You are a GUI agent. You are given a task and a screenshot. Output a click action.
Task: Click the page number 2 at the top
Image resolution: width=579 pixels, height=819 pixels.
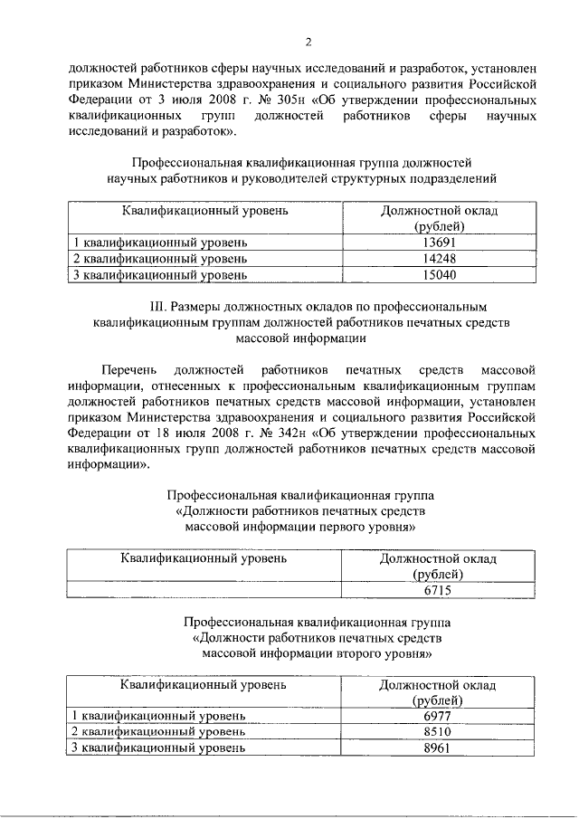(308, 42)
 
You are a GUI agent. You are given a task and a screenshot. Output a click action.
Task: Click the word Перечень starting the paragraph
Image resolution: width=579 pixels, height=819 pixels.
(129, 371)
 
